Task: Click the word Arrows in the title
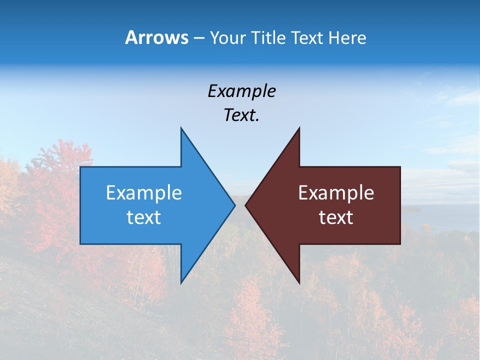click(x=157, y=37)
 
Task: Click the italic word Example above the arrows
click(x=241, y=91)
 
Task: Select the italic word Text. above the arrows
click(x=241, y=115)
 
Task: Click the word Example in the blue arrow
click(x=143, y=192)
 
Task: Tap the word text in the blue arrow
click(x=143, y=217)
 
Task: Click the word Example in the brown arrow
click(x=336, y=192)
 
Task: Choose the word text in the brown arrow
click(x=336, y=217)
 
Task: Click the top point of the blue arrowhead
click(x=181, y=128)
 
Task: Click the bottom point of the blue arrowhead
click(x=181, y=282)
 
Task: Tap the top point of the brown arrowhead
click(x=299, y=128)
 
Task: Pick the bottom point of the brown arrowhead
click(x=299, y=282)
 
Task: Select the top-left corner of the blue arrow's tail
click(x=81, y=167)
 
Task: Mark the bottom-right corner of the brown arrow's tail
click(x=399, y=243)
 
